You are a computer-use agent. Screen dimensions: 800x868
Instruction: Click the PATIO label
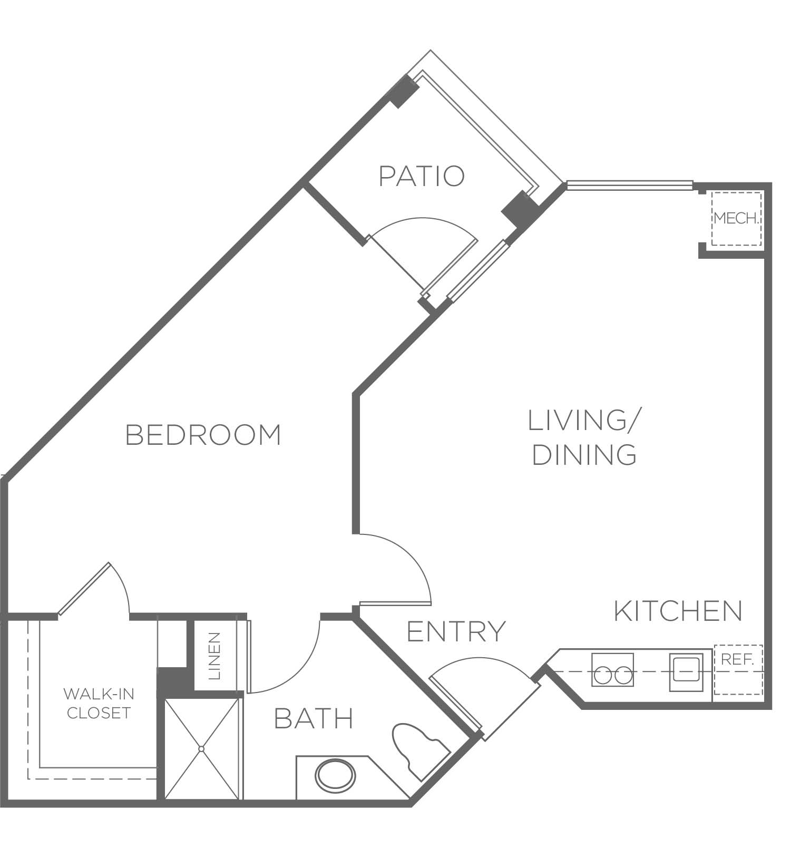(422, 176)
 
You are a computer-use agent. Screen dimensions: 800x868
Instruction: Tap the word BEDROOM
(203, 435)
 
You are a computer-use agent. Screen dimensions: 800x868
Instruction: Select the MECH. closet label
(737, 218)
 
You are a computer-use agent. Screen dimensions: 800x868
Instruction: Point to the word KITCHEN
(678, 611)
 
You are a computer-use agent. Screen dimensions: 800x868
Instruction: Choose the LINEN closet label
(215, 656)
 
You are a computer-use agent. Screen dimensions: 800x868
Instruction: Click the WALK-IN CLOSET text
(98, 703)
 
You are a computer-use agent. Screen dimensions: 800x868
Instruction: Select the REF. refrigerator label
(737, 659)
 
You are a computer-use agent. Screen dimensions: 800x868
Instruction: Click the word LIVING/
(584, 420)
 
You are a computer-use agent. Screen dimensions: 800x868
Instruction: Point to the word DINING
(584, 455)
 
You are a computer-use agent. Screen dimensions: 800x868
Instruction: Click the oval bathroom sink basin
(336, 777)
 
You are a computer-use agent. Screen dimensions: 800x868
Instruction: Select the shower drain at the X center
(201, 748)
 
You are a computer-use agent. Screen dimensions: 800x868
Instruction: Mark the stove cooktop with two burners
(612, 669)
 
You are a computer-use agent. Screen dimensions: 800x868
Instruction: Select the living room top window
(629, 184)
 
